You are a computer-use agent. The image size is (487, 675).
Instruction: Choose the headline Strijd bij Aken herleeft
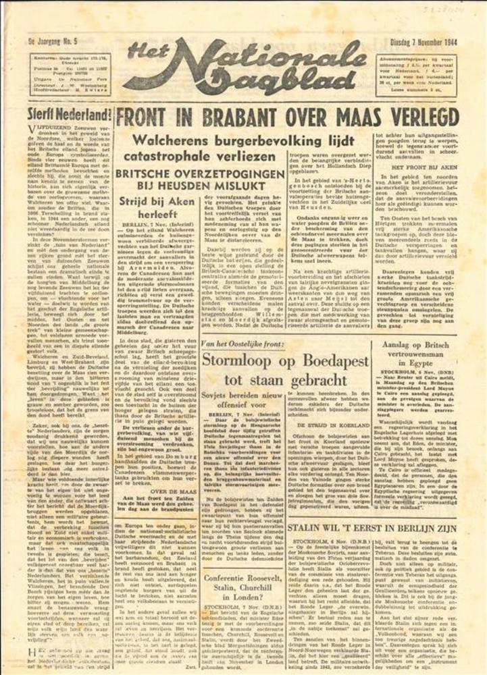point(156,208)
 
